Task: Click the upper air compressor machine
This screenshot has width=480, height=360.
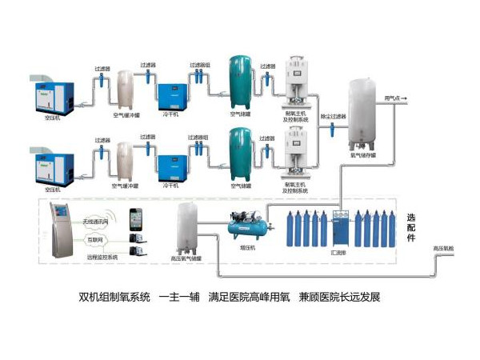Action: pyautogui.click(x=52, y=95)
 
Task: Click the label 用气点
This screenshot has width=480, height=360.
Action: pyautogui.click(x=394, y=98)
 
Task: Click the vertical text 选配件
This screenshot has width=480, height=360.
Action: pyautogui.click(x=411, y=227)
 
